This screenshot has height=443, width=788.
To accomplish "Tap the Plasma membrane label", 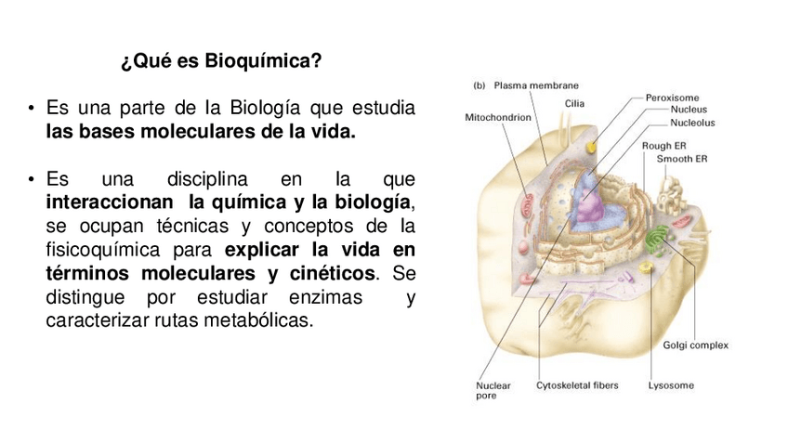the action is pos(536,85).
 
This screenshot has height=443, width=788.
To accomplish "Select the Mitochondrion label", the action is pos(498,118).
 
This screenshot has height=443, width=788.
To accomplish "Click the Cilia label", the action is pos(573,103).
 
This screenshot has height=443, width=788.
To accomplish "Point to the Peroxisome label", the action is pos(672,97).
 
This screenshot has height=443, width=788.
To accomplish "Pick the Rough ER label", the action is pos(663,146).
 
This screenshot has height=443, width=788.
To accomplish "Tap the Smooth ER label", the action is pos(681,159).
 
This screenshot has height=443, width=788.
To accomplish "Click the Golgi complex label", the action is pos(695,345).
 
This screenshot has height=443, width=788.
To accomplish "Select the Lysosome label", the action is pos(671,385).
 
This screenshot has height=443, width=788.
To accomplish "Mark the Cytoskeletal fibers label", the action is pos(577,385).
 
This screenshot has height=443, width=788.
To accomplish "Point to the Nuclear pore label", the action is pos(492,390).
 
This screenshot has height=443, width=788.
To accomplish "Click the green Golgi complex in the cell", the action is pos(661,240).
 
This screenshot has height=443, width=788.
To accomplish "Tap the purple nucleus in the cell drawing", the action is pos(590,209).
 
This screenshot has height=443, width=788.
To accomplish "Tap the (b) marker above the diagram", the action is pos(479,85).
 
